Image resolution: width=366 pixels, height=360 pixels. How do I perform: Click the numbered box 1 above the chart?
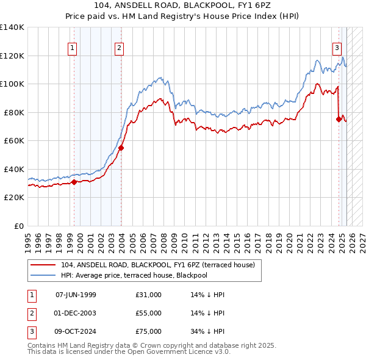[73, 48]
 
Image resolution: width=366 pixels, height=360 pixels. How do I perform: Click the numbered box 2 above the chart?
[119, 48]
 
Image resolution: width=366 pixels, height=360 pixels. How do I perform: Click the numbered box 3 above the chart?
[337, 48]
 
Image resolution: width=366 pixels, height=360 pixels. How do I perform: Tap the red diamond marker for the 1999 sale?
[74, 182]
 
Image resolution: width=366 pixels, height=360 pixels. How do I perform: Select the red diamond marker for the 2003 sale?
[121, 148]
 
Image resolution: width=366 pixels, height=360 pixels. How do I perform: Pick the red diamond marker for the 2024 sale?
[339, 120]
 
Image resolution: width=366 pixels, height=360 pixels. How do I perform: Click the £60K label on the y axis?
[14, 141]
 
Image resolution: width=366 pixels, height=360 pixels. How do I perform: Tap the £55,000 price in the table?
[149, 313]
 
